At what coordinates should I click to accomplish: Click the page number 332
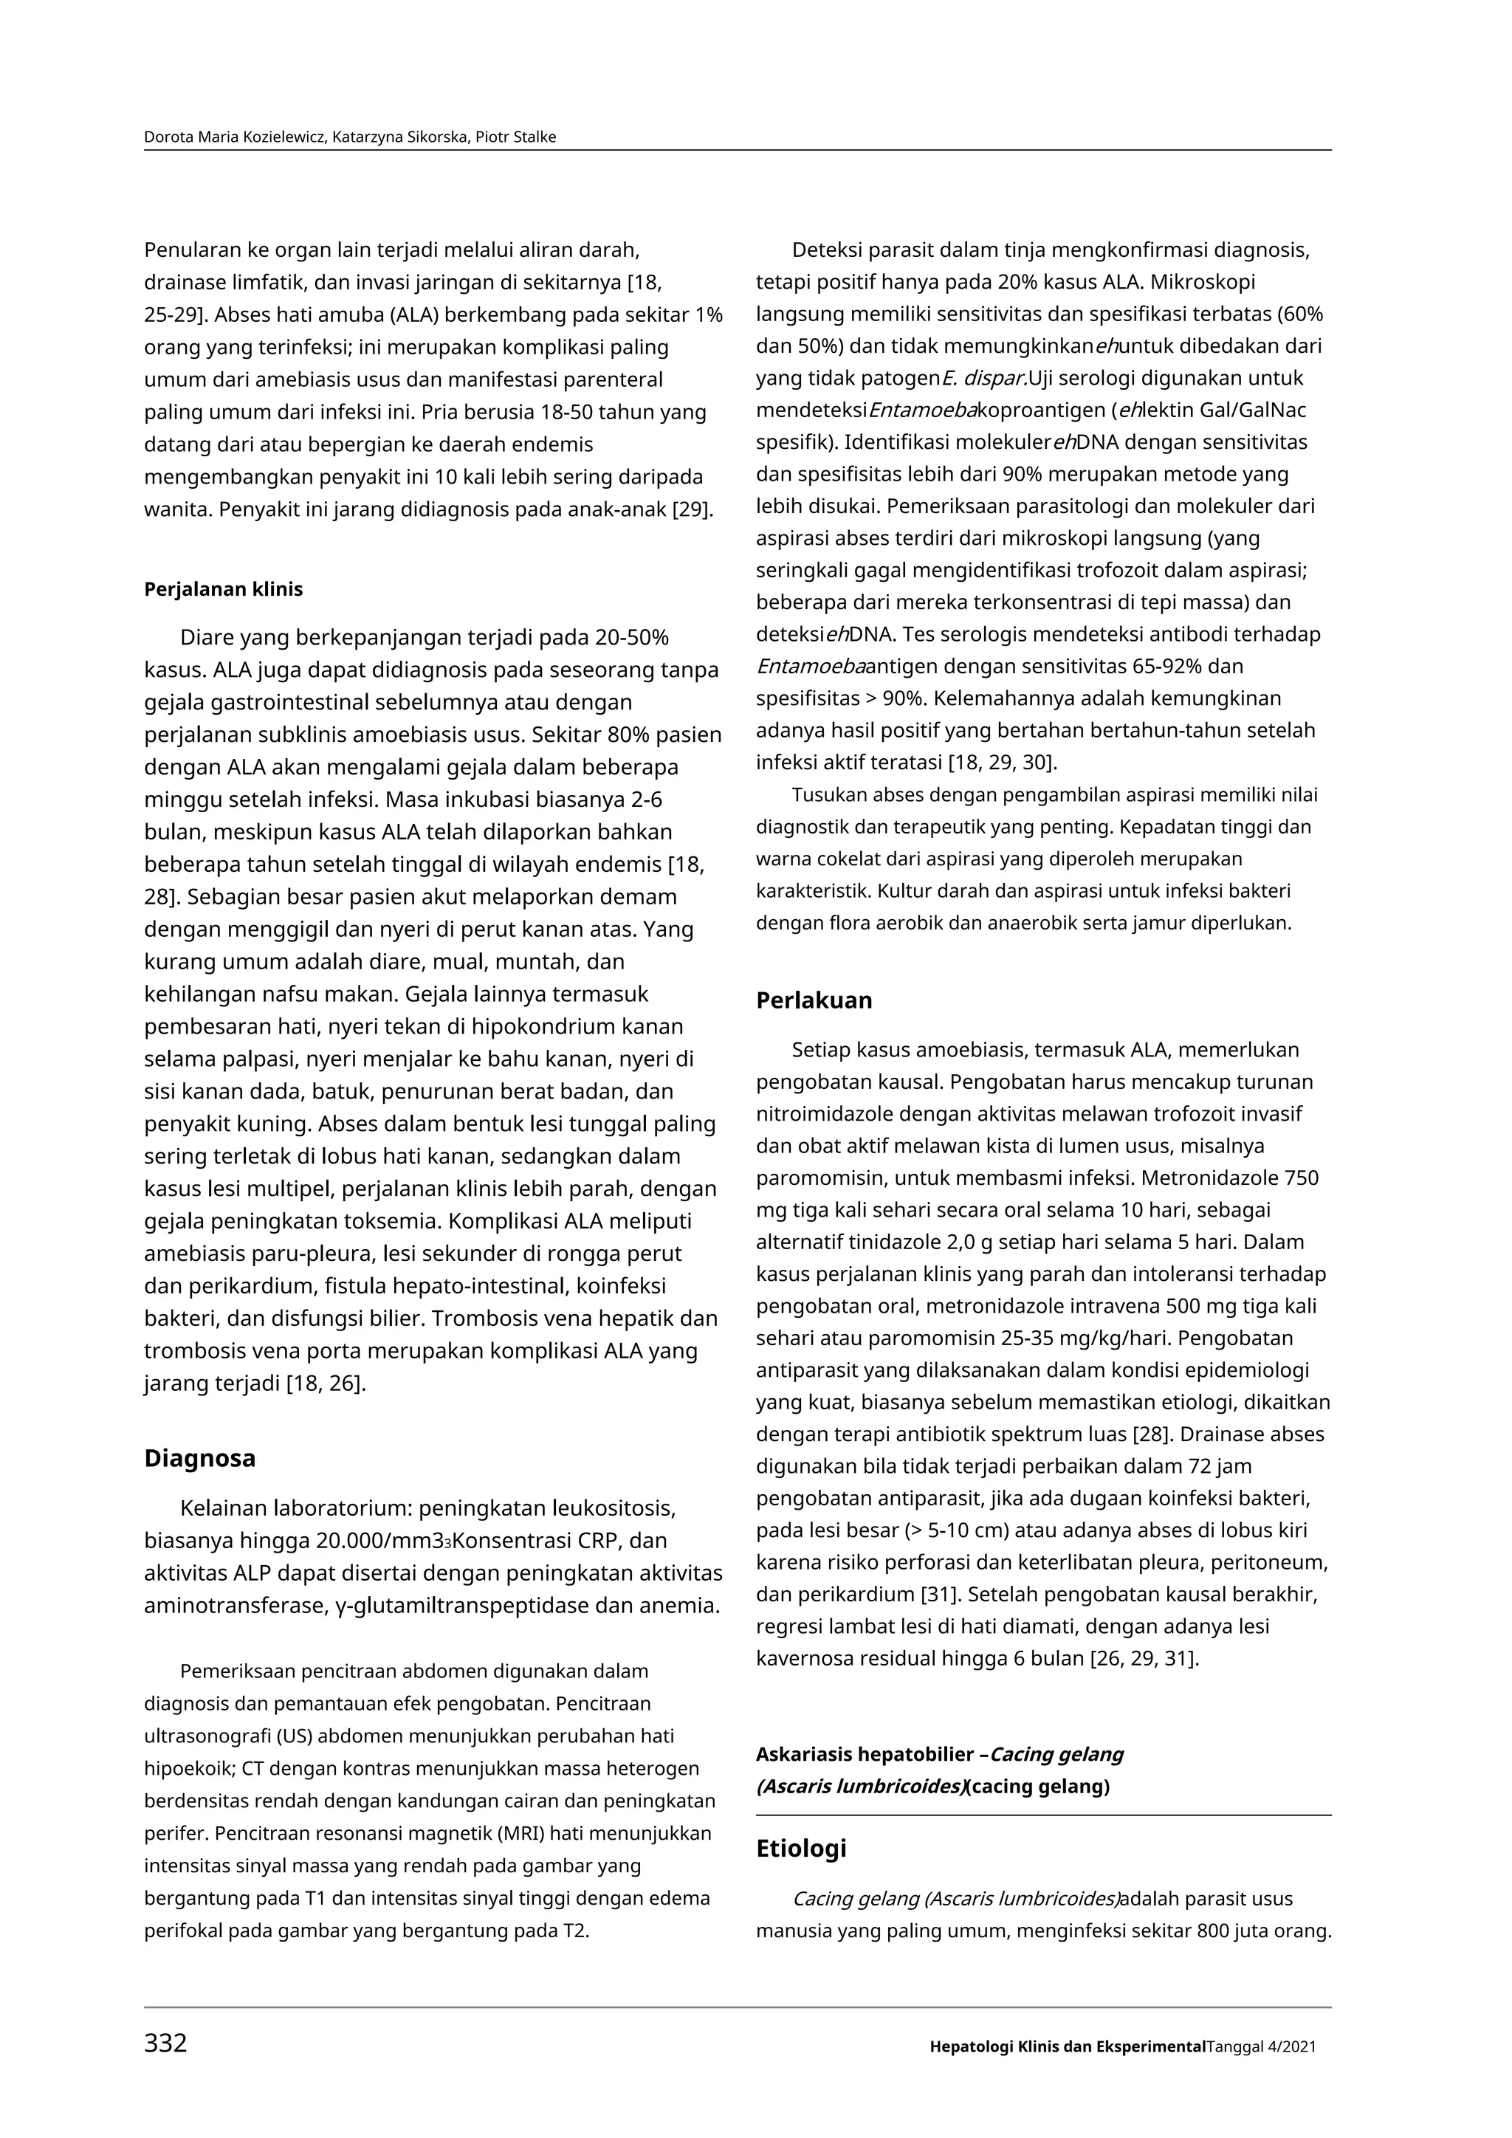pos(165,2042)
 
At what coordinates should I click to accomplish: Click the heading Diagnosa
pos(199,1457)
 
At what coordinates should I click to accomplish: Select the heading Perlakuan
pos(814,1000)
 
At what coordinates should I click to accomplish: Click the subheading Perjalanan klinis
pos(224,589)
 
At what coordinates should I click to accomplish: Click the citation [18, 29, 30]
pos(1002,763)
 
